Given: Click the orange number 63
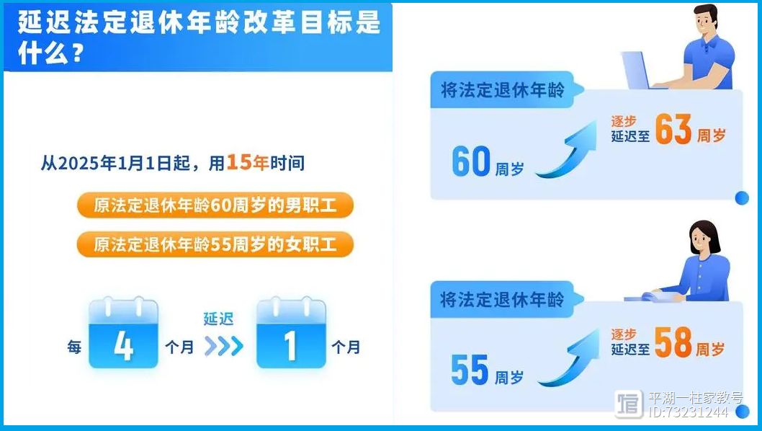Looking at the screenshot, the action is coord(673,130).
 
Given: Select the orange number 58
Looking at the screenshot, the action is coord(673,342).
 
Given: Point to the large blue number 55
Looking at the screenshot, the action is coord(470,370).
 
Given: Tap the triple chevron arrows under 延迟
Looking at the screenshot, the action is coord(223,347).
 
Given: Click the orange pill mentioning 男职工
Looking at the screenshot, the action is coord(215,205).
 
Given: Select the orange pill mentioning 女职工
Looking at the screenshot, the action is coord(215,244).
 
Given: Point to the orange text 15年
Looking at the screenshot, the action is coord(247,162).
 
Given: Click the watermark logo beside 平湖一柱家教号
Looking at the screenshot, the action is coord(628,404).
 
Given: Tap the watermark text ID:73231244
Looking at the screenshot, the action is coord(688,412).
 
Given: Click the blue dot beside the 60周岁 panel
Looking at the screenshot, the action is coord(742,198).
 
